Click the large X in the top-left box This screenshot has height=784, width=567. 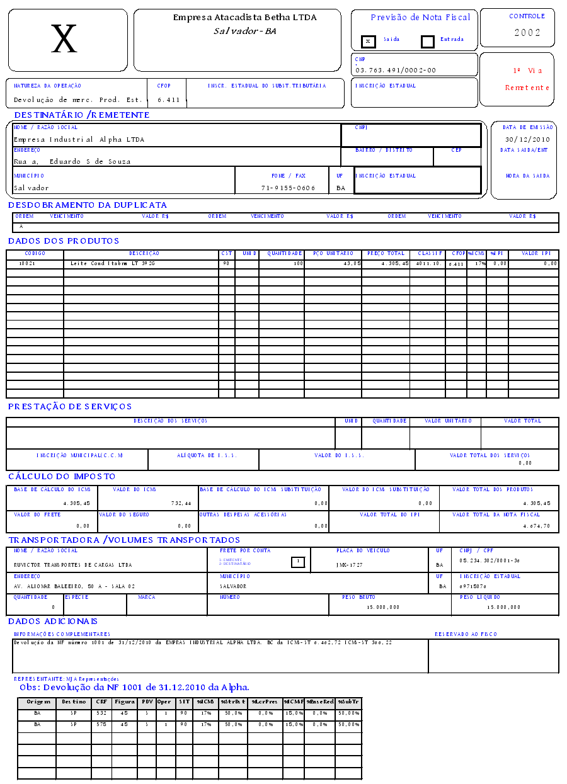pyautogui.click(x=64, y=40)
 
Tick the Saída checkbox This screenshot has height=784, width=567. pyautogui.click(x=369, y=42)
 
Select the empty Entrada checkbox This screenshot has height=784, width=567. pyautogui.click(x=428, y=42)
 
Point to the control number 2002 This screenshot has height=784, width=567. pyautogui.click(x=527, y=33)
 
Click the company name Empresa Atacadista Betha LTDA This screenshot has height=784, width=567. pyautogui.click(x=245, y=18)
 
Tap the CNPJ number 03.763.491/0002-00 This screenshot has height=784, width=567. pyautogui.click(x=396, y=70)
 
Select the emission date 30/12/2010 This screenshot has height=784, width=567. pyautogui.click(x=527, y=139)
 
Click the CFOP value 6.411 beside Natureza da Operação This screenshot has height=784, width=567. pyautogui.click(x=169, y=99)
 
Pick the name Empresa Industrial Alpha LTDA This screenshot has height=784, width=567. pyautogui.click(x=79, y=139)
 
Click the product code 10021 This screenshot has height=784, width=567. pyautogui.click(x=27, y=263)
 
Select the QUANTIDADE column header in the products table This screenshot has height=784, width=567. pyautogui.click(x=281, y=253)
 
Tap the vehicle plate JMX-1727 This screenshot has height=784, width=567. pyautogui.click(x=350, y=565)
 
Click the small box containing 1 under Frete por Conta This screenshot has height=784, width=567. pyautogui.click(x=298, y=562)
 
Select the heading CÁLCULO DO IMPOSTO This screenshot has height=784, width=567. pyautogui.click(x=62, y=477)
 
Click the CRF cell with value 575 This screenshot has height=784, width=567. pyautogui.click(x=101, y=725)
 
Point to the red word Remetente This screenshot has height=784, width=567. pyautogui.click(x=527, y=88)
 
